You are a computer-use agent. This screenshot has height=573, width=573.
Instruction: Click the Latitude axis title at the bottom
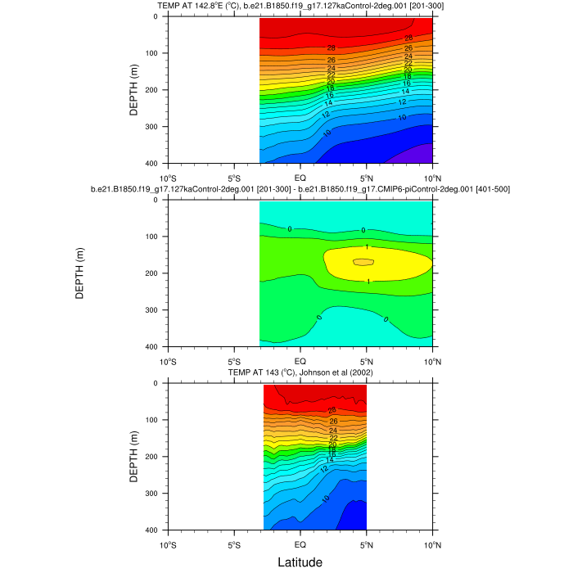coord(300,562)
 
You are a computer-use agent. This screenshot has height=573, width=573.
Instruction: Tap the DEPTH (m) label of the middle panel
coord(79,273)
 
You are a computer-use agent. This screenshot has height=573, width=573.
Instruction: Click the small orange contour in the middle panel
coord(363,262)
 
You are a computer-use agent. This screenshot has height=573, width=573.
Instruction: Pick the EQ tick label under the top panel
coord(300,178)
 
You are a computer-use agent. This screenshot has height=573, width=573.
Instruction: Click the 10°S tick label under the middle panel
coord(168,361)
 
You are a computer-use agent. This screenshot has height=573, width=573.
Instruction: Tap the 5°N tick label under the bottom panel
coord(366,544)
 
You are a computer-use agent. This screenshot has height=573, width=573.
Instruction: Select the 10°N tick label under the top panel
coord(431,178)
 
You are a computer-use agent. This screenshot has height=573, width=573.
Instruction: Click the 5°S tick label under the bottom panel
coord(233,544)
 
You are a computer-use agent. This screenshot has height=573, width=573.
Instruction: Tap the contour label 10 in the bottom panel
coord(326,498)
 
